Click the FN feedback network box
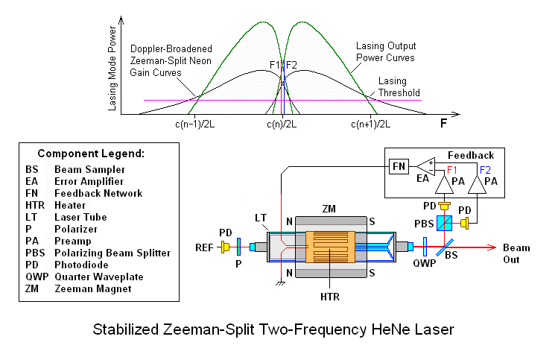399,166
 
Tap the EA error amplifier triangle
427,166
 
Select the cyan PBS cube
446,223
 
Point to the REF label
205,247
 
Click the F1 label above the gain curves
274,65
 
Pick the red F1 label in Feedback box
452,169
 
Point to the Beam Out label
516,253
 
